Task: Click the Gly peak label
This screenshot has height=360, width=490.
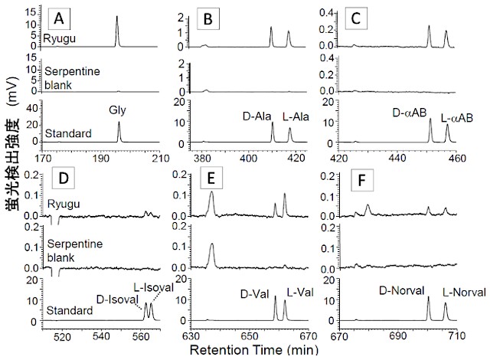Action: tap(118, 110)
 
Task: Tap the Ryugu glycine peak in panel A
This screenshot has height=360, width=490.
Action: tap(117, 18)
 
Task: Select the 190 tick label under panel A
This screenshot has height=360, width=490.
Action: tap(101, 159)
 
